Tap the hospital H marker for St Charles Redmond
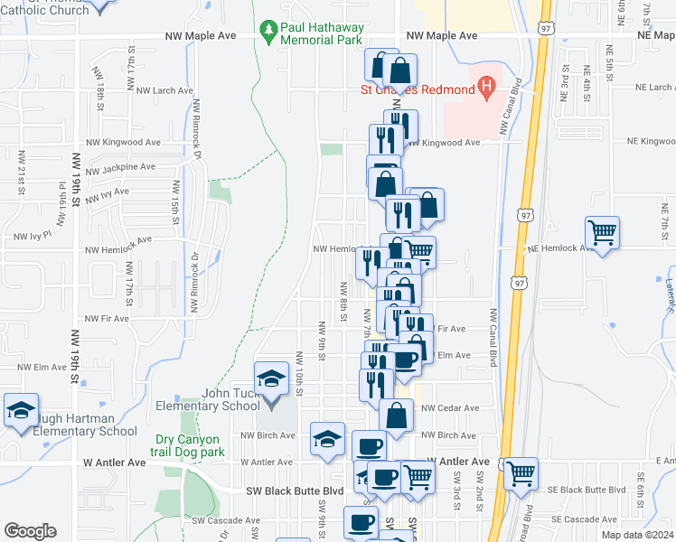(x=487, y=89)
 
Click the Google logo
(x=31, y=531)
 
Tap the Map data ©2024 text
(x=637, y=535)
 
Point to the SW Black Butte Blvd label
(x=296, y=491)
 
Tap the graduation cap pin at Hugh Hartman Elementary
(x=21, y=411)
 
